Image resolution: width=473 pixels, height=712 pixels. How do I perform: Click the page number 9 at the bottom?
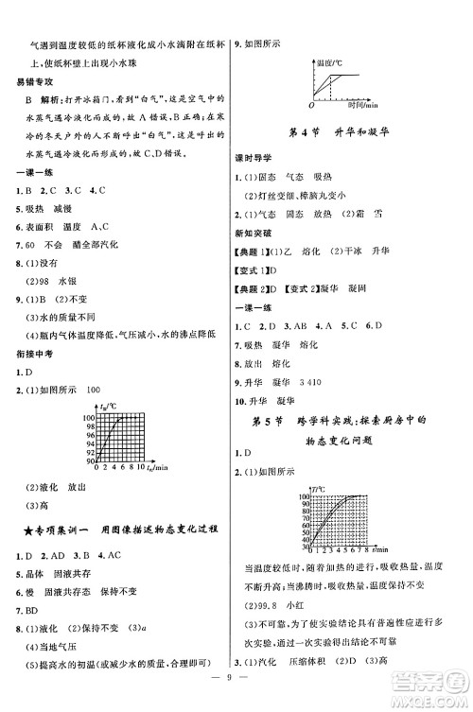point(236,702)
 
